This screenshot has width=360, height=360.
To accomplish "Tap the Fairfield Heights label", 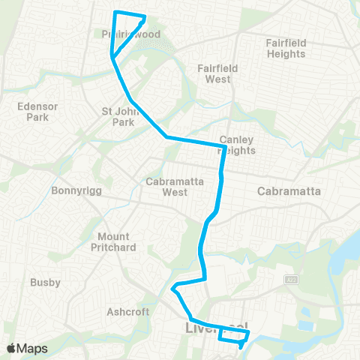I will [x=286, y=48].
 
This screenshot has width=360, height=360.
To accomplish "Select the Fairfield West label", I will [x=217, y=73].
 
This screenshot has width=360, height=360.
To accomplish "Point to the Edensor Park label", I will [x=33, y=112].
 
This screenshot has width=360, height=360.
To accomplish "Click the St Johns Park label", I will [x=122, y=116].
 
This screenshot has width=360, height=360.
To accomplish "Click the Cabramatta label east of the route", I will [x=289, y=191].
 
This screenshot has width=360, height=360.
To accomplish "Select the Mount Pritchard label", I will [x=113, y=241].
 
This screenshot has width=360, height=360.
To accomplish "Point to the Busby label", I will [x=45, y=283].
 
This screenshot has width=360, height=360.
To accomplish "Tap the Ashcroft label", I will [x=128, y=311].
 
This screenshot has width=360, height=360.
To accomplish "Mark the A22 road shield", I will [x=290, y=280].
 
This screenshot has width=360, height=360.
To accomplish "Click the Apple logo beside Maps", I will [x=11, y=349].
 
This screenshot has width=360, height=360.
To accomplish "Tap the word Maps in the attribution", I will [x=34, y=349].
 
